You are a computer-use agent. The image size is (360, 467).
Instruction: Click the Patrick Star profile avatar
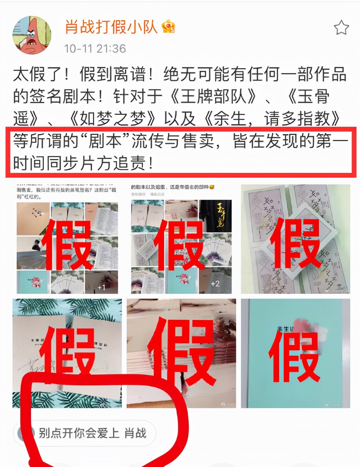pos(32,35)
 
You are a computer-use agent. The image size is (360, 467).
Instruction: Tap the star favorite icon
pos(341,28)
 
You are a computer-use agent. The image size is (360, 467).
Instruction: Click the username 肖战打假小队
pos(111,27)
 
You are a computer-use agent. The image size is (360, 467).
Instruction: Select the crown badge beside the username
pos(169,27)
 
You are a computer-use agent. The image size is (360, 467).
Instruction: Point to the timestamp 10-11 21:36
pos(95,49)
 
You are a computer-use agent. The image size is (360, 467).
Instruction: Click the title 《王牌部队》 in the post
pos(213,96)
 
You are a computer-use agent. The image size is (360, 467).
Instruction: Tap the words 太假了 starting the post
pos(38,74)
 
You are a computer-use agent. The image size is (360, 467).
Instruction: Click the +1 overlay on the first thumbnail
pos(101,287)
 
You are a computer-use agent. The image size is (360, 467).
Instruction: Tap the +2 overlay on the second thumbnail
pos(215,283)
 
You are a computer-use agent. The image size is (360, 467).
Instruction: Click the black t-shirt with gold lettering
pos(215,216)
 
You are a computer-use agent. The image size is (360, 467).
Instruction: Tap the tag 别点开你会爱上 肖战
pos(92,433)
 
